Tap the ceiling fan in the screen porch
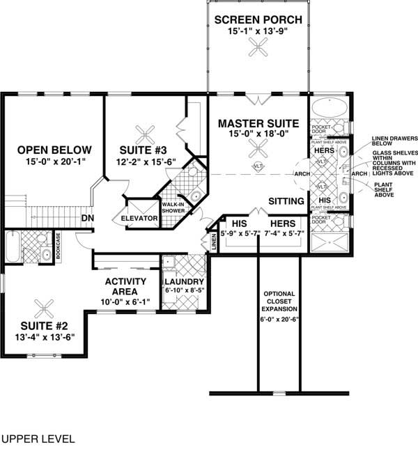(x=258, y=47)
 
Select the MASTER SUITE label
(x=258, y=123)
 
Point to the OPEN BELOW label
(x=54, y=149)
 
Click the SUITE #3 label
(x=144, y=149)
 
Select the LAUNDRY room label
(x=184, y=281)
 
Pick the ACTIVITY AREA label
(x=125, y=286)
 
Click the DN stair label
(x=88, y=218)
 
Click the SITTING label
(x=286, y=201)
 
